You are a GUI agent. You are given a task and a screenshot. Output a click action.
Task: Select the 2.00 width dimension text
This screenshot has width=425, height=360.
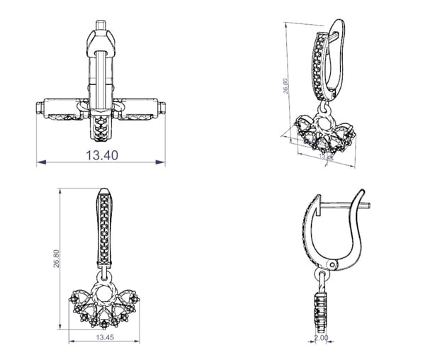322,339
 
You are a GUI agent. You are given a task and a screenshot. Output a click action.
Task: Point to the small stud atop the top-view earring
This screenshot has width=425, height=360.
101,24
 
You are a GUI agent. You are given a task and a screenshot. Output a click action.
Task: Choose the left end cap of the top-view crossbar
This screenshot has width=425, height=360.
38,109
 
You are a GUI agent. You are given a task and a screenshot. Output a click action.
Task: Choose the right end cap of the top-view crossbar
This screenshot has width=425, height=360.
164,109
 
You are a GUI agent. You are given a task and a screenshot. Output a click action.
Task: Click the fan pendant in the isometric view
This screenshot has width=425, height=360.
324,138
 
